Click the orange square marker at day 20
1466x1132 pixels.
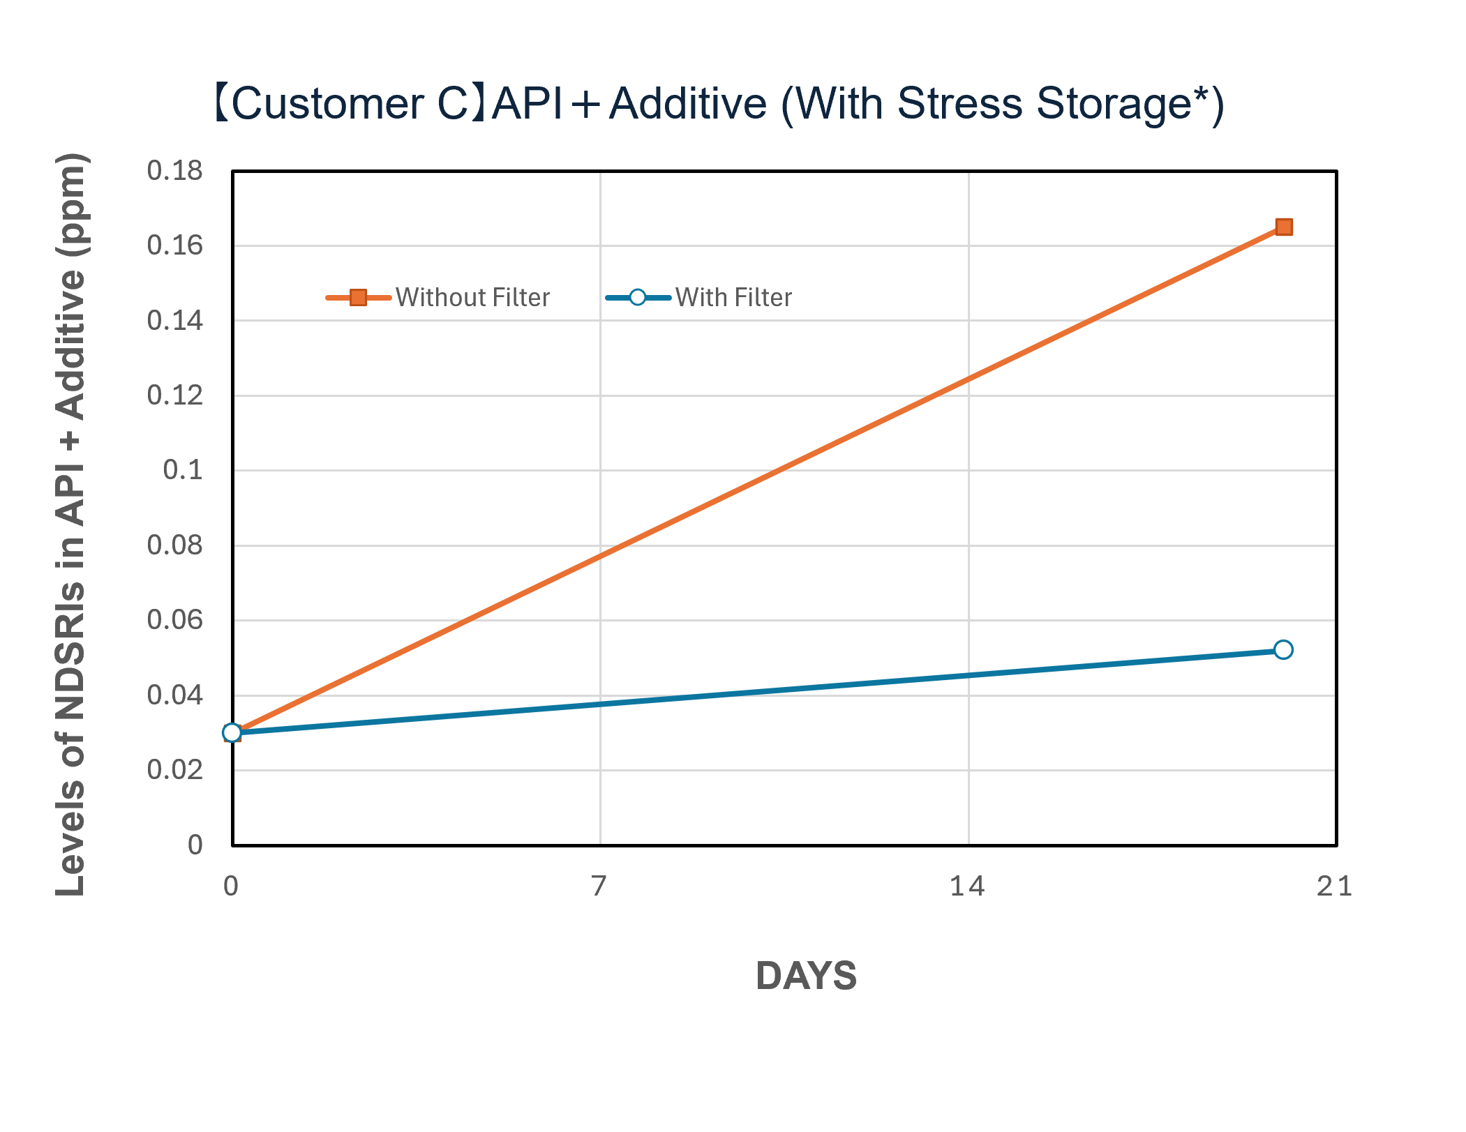(1283, 227)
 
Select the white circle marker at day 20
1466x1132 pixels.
(1282, 650)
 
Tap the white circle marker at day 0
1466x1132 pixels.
(232, 732)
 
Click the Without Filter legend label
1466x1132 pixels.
(472, 298)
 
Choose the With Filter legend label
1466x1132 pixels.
(733, 298)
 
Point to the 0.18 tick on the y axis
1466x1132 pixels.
(174, 171)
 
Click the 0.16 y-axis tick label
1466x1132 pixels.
(174, 246)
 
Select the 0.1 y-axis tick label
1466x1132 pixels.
(183, 470)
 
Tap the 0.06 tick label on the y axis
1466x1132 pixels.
(174, 620)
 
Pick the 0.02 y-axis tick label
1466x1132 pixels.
(174, 770)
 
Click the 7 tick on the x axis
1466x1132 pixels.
(599, 886)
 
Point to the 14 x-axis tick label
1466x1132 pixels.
(967, 886)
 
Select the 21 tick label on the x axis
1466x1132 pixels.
(1334, 886)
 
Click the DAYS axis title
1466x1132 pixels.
(806, 976)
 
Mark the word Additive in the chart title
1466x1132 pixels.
(688, 104)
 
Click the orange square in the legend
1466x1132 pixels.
(358, 298)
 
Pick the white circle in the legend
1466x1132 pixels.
(637, 298)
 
